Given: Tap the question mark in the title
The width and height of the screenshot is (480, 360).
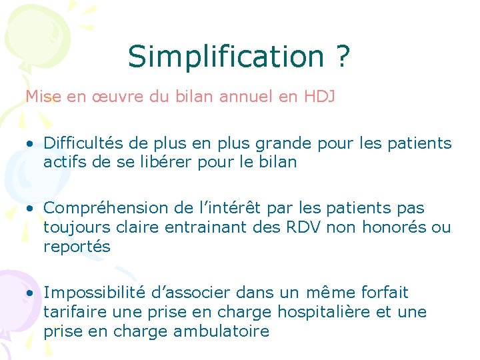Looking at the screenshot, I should [341, 57].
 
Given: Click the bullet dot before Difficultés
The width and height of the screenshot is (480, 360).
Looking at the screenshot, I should [31, 144].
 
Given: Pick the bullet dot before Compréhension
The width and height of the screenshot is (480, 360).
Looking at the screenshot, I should [31, 209].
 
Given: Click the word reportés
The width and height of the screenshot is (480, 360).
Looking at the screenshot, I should [77, 247].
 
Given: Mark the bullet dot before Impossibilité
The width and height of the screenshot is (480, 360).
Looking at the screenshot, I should [31, 293].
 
